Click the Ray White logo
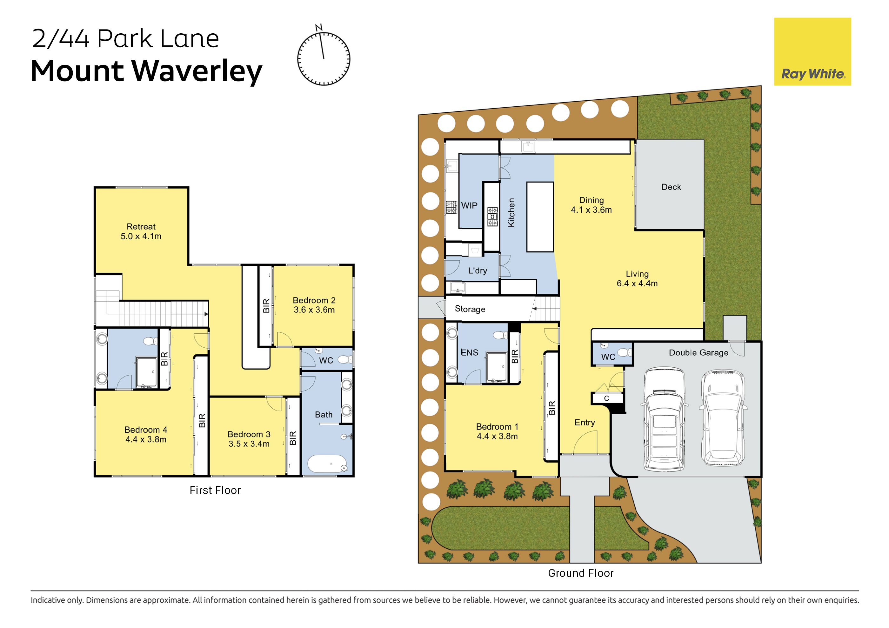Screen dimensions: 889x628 tap(812, 51)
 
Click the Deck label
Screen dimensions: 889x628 tap(671, 187)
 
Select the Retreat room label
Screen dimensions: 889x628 tap(141, 226)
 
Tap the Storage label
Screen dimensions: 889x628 tap(470, 309)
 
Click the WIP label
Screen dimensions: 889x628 tap(469, 206)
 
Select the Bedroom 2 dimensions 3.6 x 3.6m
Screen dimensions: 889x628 tap(314, 310)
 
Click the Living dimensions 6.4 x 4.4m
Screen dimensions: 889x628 tap(637, 284)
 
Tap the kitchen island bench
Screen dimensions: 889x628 tap(540, 217)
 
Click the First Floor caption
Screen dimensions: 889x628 tap(215, 490)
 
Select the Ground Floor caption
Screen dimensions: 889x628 tap(581, 573)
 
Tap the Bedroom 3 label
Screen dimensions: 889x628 tap(249, 434)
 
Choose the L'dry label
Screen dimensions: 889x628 tap(478, 271)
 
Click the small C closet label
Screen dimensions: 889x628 tap(606, 398)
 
